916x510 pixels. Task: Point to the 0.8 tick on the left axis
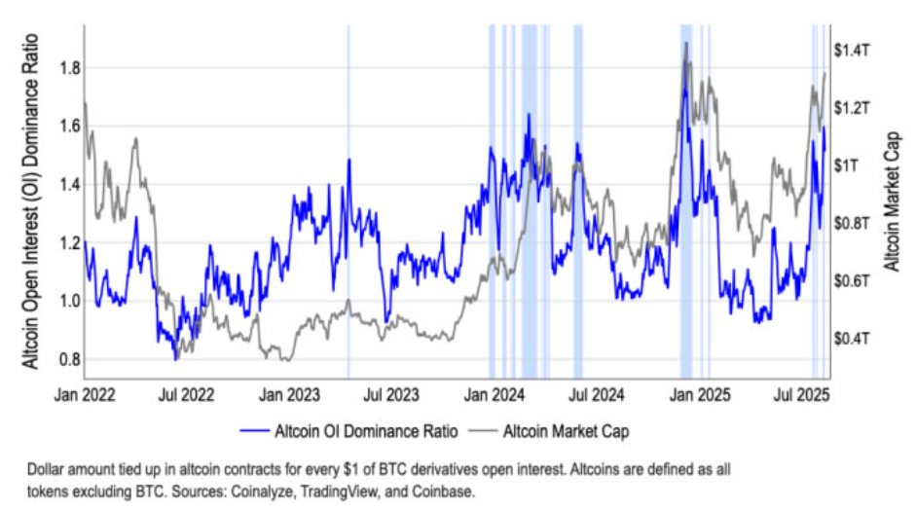click(x=68, y=359)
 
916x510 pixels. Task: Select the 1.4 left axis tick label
click(x=68, y=185)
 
